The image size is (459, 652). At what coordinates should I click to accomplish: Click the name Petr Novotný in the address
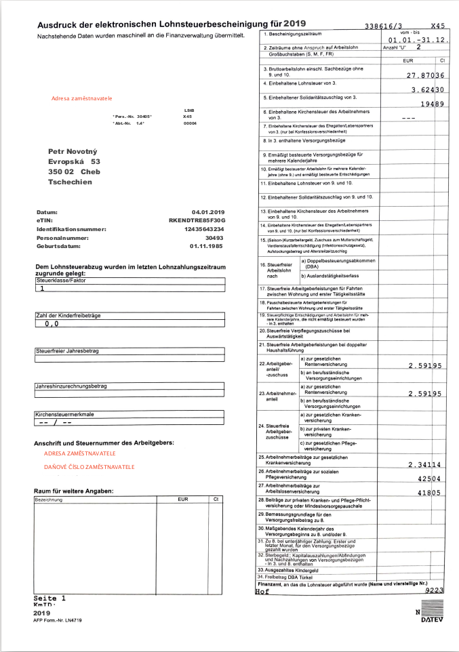tap(74, 150)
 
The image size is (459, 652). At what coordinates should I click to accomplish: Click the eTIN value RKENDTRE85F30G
tap(196, 221)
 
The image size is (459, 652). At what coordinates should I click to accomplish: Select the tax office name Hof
tap(262, 591)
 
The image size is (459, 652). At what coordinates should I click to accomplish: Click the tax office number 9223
tap(434, 591)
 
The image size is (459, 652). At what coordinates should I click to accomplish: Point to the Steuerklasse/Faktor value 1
tap(42, 288)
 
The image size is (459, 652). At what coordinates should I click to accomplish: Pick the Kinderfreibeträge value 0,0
tap(52, 324)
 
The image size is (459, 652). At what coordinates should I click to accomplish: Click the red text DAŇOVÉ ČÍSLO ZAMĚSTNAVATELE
tap(89, 467)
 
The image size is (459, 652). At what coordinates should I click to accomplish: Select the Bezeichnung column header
tap(49, 500)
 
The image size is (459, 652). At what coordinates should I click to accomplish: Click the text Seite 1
tap(49, 598)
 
